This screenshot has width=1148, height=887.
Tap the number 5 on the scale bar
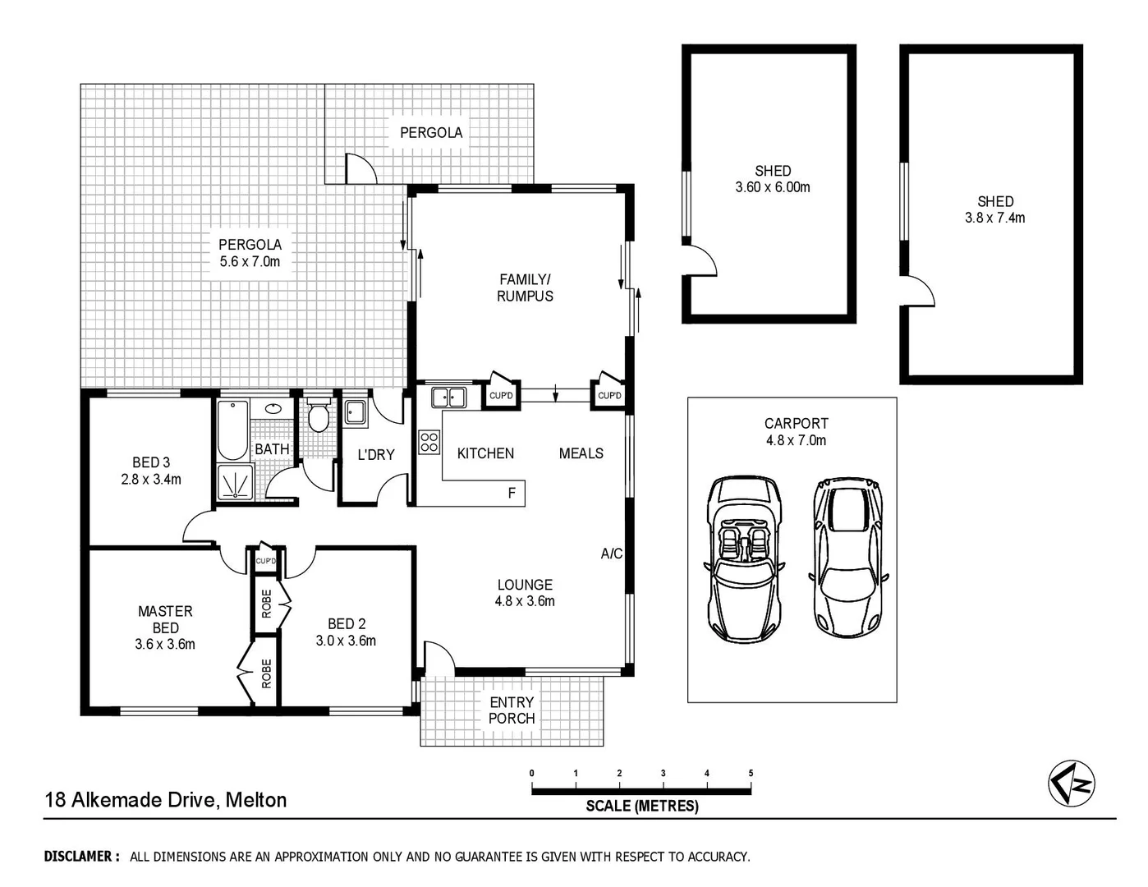751,773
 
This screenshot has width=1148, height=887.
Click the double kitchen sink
448,398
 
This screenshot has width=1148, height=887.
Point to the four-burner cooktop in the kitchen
429,442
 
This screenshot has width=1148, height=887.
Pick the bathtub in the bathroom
232,430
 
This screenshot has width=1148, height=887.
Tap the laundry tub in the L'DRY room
355,413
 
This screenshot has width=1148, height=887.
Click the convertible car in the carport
743,560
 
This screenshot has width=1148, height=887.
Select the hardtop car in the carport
848,558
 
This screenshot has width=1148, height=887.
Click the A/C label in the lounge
611,554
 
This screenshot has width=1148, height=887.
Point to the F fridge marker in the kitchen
512,493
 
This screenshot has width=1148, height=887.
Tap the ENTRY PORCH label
512,710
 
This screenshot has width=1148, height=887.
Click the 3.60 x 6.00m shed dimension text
773,187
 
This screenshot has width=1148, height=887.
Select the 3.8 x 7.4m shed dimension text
994,218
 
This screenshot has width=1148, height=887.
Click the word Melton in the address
256,800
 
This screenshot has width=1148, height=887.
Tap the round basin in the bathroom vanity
273,408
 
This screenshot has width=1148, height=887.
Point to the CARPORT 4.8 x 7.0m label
796,432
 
